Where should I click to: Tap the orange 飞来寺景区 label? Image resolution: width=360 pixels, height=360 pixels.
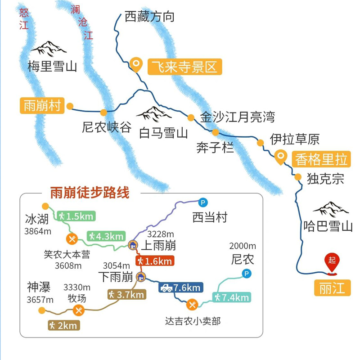point(184,67)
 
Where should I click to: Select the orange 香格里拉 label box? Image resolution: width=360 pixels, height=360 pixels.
point(321,159)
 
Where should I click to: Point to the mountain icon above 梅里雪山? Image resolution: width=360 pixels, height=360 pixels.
point(48,48)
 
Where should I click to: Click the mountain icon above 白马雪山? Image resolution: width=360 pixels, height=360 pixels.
point(154,114)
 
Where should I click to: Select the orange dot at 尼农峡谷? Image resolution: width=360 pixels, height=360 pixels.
point(103,112)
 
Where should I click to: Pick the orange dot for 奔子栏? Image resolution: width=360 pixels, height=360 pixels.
point(216,132)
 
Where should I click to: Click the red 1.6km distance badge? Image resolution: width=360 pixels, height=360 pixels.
point(154,261)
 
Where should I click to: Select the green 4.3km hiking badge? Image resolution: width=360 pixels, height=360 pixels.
point(105,236)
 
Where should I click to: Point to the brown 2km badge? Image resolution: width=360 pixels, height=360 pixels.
point(64,325)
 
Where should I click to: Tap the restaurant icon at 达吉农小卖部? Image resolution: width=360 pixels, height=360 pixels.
point(192,304)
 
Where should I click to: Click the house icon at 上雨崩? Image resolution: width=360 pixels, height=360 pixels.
point(133,245)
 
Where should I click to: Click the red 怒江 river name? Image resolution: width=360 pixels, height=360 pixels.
point(24,18)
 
